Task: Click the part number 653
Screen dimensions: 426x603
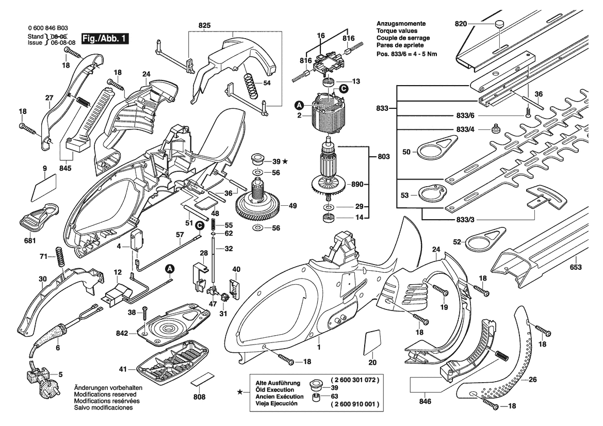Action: coord(575,267)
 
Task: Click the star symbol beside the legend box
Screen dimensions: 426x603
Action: coord(240,392)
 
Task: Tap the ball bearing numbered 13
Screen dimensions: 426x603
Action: coord(327,83)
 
